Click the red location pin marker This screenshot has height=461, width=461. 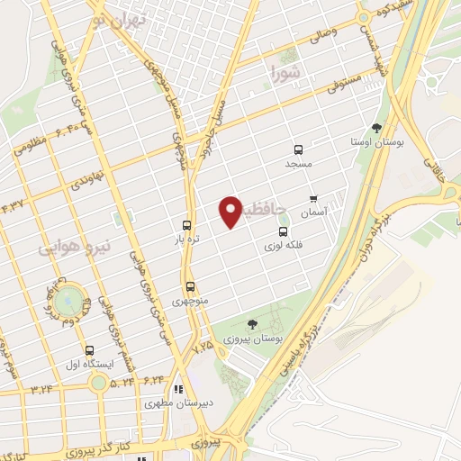tap(231, 212)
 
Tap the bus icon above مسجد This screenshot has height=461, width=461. tap(297, 150)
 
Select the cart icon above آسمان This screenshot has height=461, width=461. tap(313, 199)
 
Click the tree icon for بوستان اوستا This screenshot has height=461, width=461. tap(376, 128)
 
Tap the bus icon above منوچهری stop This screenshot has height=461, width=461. tap(189, 287)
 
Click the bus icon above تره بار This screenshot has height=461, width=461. tap(186, 226)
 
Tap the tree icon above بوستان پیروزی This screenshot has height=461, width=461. tap(252, 324)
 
